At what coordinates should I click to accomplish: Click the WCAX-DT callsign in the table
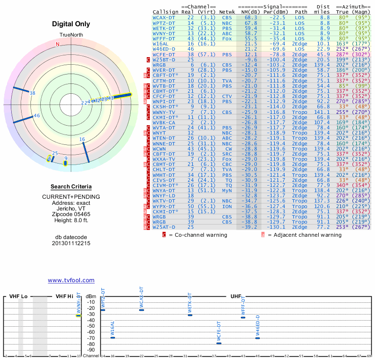coord(164,17)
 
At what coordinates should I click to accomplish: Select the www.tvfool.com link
coord(71,280)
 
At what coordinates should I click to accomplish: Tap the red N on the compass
coord(58,45)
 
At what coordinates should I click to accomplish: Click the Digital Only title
coord(71,24)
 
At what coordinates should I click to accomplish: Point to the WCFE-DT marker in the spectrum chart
coord(218,343)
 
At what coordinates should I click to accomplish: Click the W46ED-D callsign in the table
coord(164,49)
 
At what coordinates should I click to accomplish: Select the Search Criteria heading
coord(71,187)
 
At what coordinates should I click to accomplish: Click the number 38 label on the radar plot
coord(32,93)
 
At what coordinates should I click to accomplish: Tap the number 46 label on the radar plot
coord(37,116)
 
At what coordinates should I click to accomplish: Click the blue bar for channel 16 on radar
coord(85,151)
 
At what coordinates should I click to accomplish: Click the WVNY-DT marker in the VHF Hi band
coord(79,315)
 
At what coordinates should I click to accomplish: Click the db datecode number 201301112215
coord(71,243)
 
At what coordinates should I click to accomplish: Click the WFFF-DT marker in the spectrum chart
coord(243,317)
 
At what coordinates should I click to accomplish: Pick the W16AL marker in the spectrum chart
coord(112,337)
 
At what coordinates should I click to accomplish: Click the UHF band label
coord(236,296)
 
